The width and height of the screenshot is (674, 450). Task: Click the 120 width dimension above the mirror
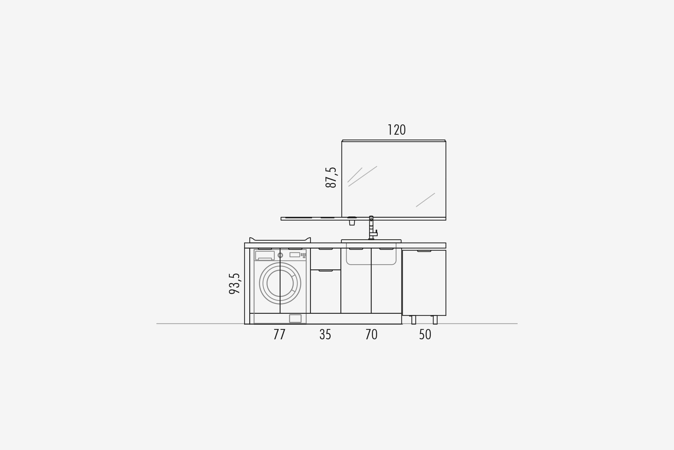pyautogui.click(x=397, y=130)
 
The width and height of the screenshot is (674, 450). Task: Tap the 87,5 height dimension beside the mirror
pyautogui.click(x=331, y=177)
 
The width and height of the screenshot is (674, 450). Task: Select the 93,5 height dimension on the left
pyautogui.click(x=234, y=283)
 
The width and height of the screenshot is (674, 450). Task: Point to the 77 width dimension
pyautogui.click(x=279, y=334)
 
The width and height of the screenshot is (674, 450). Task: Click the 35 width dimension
pyautogui.click(x=325, y=334)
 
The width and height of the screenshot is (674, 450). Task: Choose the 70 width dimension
pyautogui.click(x=371, y=334)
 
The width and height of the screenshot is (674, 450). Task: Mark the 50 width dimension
pyautogui.click(x=425, y=334)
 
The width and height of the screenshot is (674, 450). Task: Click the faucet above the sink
pyautogui.click(x=373, y=228)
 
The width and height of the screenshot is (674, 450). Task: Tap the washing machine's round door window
pyautogui.click(x=280, y=283)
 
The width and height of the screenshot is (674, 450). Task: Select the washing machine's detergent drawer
pyautogui.click(x=265, y=255)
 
